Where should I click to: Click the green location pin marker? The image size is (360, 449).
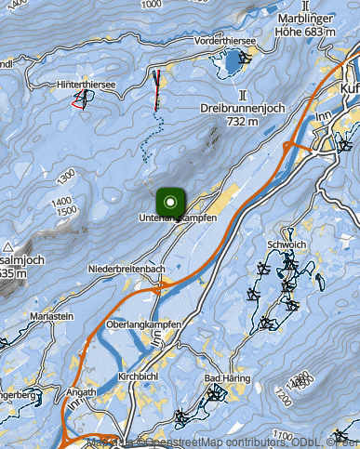click(x=170, y=200)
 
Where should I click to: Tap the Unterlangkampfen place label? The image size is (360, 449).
click(x=178, y=218)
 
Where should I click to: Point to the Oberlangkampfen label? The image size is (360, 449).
click(x=143, y=324)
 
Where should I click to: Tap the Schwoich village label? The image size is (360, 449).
click(x=286, y=244)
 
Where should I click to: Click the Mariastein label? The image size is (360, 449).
click(x=52, y=316)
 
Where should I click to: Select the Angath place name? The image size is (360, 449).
click(x=81, y=392)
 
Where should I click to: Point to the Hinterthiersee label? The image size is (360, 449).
click(x=87, y=85)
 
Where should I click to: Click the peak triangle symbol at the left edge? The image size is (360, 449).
click(x=7, y=246)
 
